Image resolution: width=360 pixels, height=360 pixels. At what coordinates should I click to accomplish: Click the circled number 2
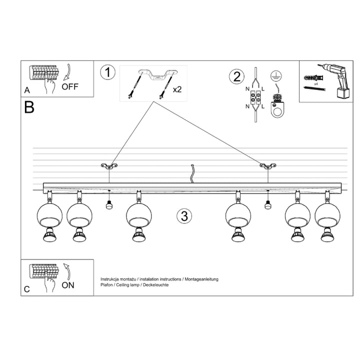coord(236,77)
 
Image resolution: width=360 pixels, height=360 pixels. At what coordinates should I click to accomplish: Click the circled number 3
coord(184,216)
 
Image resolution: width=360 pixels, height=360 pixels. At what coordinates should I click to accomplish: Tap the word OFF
coord(70,86)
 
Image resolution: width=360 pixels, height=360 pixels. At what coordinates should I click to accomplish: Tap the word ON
coord(68,285)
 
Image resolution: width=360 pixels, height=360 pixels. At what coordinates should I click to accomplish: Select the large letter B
coord(29,107)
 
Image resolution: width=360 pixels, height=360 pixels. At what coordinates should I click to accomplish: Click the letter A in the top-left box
coord(26,90)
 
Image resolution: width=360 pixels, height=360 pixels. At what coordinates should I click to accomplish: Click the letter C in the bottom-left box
coord(27,289)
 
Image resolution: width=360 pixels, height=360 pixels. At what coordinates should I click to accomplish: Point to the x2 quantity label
coord(177,90)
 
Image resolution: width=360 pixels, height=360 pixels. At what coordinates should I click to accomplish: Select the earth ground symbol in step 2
coord(274,75)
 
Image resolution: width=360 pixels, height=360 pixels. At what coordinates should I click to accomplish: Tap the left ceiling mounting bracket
coord(108,165)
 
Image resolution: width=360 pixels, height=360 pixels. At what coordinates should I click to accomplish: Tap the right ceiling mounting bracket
coord(267,165)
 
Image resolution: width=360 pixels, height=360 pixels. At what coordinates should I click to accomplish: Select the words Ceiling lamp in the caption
coord(127,284)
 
